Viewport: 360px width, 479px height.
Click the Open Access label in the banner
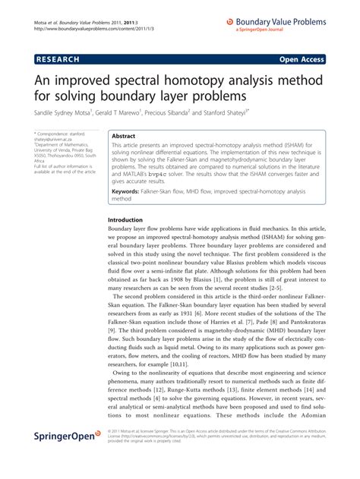(x=321, y=56)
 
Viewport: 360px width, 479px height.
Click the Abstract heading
(x=123, y=135)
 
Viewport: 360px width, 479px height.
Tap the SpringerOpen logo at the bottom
(x=54, y=456)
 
